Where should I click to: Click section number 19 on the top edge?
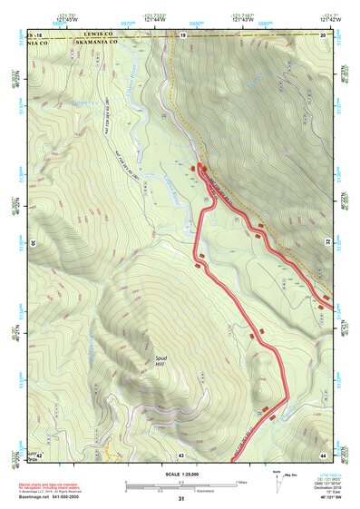point(181,34)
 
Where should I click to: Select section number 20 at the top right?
point(324,34)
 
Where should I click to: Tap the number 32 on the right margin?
point(328,243)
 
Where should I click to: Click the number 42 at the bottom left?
point(40,455)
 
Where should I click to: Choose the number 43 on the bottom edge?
point(181,455)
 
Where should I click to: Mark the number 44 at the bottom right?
point(323,455)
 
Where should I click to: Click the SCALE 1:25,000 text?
point(180,475)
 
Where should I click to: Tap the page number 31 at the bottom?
point(180,500)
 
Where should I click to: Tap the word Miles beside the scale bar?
point(241,482)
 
